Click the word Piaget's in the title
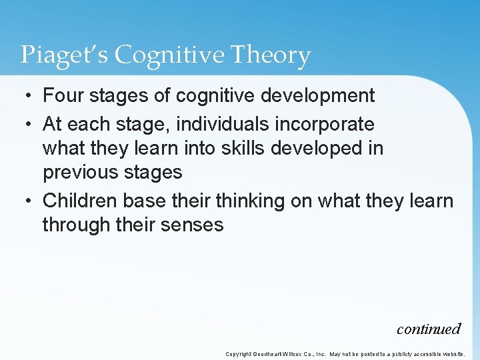tap(64, 55)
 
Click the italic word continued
tap(429, 328)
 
